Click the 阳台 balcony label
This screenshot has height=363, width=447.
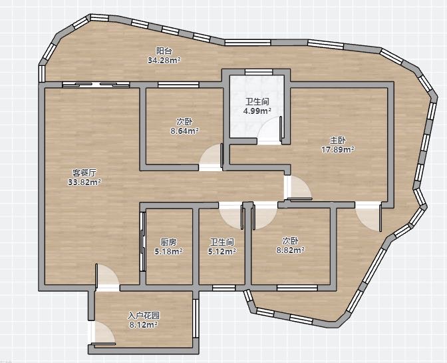(164, 51)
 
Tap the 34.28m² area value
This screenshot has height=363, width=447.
(164, 60)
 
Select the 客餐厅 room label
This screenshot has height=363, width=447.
(84, 173)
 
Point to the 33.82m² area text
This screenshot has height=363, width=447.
(84, 182)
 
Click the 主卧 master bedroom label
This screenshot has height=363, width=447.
(338, 140)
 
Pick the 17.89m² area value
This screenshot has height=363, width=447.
(338, 149)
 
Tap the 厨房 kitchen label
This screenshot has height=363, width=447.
(168, 242)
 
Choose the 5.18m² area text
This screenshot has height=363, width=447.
(168, 251)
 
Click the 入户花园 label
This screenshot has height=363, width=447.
(144, 315)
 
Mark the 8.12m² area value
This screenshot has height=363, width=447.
(144, 325)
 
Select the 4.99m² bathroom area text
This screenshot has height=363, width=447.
(257, 111)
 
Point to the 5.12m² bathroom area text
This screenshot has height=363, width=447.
(222, 251)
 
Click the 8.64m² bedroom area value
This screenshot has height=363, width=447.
(185, 131)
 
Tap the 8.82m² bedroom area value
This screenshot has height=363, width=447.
(290, 250)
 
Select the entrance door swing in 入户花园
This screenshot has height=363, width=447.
(103, 333)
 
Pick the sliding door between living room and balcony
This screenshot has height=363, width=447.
(96, 85)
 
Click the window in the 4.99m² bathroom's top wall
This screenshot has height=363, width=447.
(259, 72)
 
